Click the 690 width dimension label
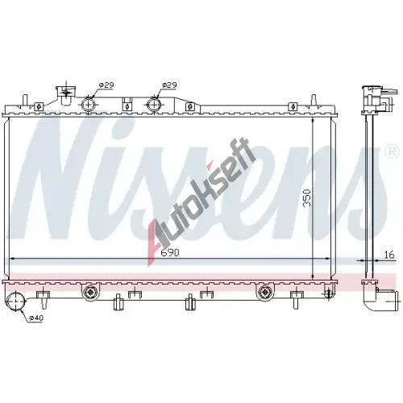pyautogui.click(x=170, y=252)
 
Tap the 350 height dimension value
pyautogui.click(x=307, y=198)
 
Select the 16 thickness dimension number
pyautogui.click(x=388, y=254)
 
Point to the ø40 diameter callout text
pyautogui.click(x=36, y=318)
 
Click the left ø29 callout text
pyautogui.click(x=106, y=85)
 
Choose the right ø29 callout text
pyautogui.click(x=169, y=85)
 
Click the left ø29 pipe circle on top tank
pyautogui.click(x=89, y=103)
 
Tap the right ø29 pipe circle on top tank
pyautogui.click(x=154, y=103)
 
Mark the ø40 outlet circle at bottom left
pyautogui.click(x=15, y=301)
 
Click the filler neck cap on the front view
pyautogui.click(x=66, y=94)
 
